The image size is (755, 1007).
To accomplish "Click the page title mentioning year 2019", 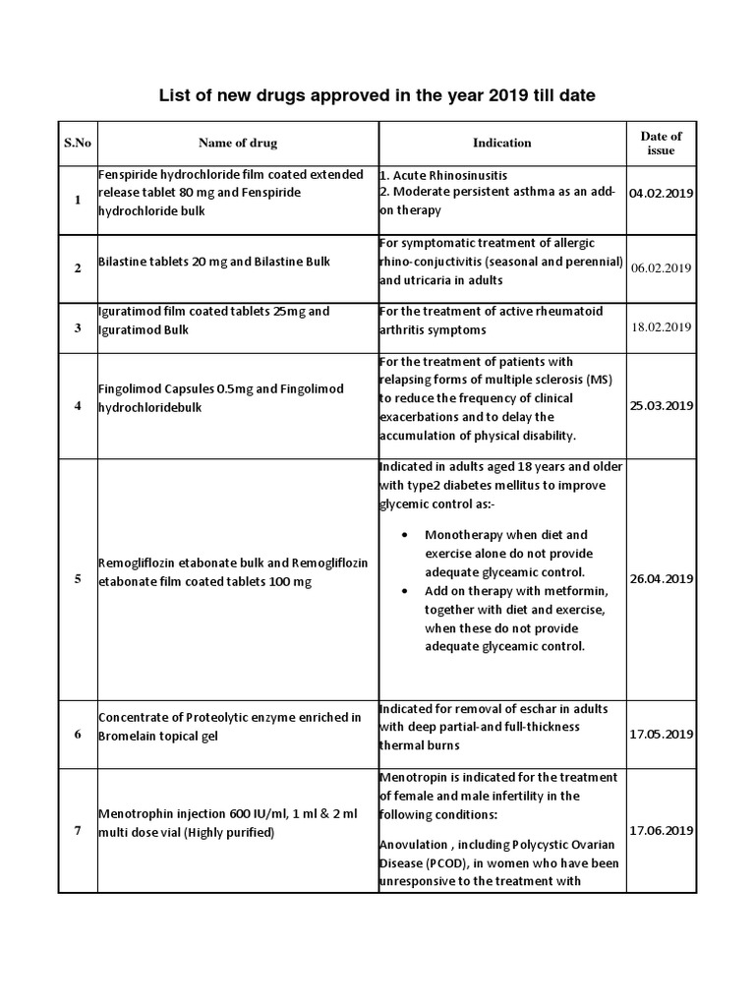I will (377, 95).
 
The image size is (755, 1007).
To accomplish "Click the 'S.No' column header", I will (78, 143).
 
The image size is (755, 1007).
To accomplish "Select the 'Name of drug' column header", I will (238, 143).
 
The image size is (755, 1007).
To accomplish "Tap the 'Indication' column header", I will (501, 143).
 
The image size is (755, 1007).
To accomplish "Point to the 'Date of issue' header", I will (661, 143).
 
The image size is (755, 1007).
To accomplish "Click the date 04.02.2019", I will (662, 193).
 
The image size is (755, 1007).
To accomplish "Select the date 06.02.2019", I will (662, 267).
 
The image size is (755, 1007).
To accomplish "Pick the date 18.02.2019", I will (662, 326).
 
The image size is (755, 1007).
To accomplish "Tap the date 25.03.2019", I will (662, 405).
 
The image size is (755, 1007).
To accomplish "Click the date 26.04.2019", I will (662, 579).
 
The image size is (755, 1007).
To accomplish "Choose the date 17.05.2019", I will (662, 734).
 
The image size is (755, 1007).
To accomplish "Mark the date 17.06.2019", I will (662, 831).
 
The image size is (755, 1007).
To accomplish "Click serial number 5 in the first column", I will (78, 579).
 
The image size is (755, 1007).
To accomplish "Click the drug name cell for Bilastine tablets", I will (213, 262).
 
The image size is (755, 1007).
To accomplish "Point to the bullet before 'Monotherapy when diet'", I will (407, 536).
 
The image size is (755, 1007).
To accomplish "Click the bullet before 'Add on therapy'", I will (407, 591).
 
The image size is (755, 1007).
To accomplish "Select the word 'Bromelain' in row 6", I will (129, 736).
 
